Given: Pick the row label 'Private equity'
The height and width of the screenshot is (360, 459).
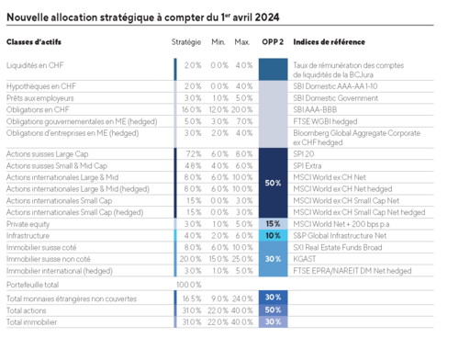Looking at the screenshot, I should (29, 223).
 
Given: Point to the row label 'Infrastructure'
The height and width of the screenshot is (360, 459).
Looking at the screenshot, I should (29, 235).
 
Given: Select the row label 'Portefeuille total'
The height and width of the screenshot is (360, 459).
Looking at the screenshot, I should (36, 285).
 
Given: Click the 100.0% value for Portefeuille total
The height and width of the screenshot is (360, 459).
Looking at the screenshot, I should (187, 285).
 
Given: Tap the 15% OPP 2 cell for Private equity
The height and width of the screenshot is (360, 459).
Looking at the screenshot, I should (273, 223).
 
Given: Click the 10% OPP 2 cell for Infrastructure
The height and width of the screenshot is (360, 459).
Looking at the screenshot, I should (273, 235).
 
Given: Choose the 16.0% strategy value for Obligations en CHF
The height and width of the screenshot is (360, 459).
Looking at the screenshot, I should (191, 109).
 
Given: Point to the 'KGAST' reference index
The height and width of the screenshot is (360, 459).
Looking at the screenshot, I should (306, 259).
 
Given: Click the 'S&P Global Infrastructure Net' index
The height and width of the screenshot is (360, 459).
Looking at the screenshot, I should (341, 235).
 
